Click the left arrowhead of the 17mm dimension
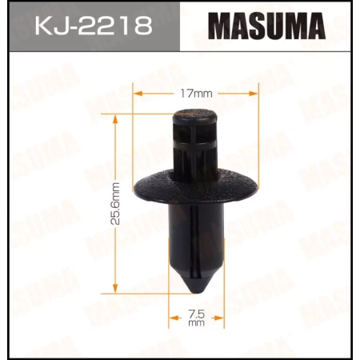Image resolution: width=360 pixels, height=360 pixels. [136, 94]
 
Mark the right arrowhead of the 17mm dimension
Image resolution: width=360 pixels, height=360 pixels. [254, 94]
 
